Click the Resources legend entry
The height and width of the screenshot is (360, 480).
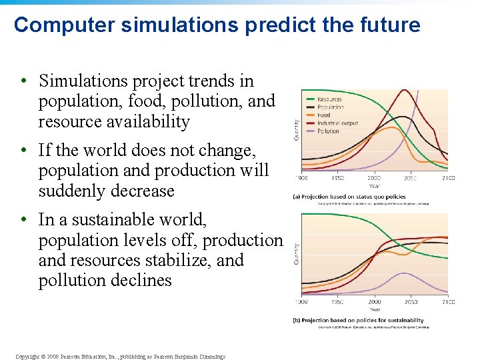329,99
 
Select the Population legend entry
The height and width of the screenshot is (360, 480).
331,107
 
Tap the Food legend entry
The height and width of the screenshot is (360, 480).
325,115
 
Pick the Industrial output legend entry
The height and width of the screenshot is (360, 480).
337,123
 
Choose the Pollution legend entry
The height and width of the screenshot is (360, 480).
329,131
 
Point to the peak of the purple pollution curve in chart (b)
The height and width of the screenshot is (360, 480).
403,273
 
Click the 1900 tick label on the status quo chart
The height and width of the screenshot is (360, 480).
301,178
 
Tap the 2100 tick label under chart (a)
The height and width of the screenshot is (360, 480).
447,178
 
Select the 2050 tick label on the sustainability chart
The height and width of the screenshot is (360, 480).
411,302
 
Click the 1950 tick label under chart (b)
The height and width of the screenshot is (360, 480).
338,302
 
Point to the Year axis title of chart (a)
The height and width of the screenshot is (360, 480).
375,187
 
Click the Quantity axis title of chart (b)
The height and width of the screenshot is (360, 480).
296,253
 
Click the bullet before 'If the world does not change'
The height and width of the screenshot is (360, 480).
24,151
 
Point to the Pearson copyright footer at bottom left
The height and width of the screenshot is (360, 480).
120,356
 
